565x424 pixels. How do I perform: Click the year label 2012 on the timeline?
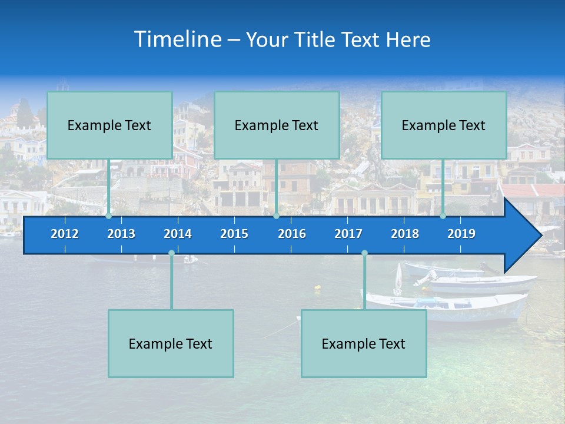point(65,234)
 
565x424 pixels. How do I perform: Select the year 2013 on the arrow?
point(121,234)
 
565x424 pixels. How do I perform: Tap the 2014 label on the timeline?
point(178,234)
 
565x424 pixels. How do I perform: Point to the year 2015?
point(234,234)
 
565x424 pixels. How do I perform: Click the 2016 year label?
point(292,234)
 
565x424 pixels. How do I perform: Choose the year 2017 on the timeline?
point(348,234)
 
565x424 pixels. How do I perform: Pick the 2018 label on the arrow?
point(405,234)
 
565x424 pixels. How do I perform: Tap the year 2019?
point(461,234)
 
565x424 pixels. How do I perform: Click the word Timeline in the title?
point(178,39)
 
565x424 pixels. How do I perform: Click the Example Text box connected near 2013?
point(109,125)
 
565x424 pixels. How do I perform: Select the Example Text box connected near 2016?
point(277,125)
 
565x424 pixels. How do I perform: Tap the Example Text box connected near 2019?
point(444,125)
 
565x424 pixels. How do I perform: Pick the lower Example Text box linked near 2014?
point(171,343)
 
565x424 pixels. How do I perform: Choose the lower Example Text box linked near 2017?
point(364,343)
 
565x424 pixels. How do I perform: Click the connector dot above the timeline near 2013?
point(109,216)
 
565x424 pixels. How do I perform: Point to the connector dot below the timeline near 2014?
point(171,253)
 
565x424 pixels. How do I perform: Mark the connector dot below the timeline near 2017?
point(364,253)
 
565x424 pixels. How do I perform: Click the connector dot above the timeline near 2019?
point(443,216)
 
